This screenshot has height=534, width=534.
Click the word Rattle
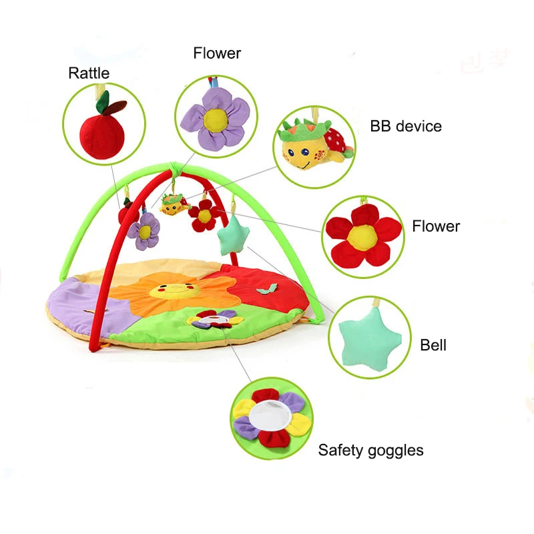click(x=89, y=73)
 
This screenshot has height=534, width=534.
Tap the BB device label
click(x=406, y=125)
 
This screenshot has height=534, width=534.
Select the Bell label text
click(x=433, y=345)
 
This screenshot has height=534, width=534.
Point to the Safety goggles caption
click(x=370, y=450)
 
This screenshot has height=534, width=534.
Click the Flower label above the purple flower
click(x=217, y=53)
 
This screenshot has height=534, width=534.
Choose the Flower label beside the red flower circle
click(x=436, y=226)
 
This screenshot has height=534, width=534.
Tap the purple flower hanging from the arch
click(x=144, y=230)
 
